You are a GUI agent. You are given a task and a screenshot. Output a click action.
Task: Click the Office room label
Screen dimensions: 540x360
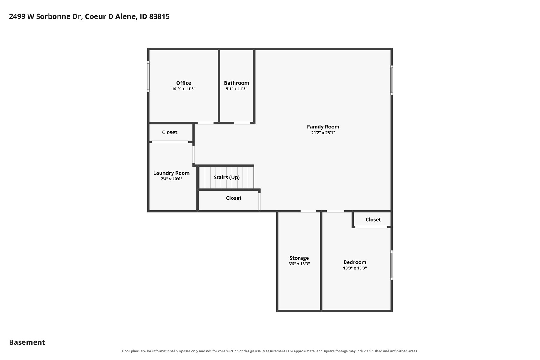(x=184, y=83)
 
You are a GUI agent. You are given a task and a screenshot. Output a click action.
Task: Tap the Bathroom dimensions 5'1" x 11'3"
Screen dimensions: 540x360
(x=236, y=89)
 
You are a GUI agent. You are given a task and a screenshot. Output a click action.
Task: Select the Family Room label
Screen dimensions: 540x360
(x=323, y=127)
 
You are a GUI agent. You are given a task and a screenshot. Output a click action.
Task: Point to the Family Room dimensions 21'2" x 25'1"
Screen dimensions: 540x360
(x=323, y=133)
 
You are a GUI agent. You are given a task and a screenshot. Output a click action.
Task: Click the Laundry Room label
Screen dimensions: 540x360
(x=171, y=173)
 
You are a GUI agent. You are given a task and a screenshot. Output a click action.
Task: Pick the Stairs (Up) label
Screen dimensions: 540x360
(x=226, y=177)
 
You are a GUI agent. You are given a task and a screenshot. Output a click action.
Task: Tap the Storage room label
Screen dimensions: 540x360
(x=299, y=258)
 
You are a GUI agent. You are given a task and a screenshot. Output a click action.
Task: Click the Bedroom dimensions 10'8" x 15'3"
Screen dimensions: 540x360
(x=355, y=268)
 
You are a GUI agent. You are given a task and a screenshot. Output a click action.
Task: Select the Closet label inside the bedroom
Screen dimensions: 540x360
(x=373, y=220)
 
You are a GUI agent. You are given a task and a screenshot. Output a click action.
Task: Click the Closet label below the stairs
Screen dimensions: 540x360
(x=234, y=198)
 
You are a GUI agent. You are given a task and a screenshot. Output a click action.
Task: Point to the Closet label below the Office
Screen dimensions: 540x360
(x=169, y=132)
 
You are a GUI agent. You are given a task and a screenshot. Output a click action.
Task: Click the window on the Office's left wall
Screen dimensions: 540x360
(x=148, y=76)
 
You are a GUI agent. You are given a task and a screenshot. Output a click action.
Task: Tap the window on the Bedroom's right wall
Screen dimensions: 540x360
(x=391, y=265)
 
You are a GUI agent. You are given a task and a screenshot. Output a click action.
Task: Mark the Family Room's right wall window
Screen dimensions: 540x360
(x=391, y=80)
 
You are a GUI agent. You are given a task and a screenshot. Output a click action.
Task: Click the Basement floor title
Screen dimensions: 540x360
(x=27, y=342)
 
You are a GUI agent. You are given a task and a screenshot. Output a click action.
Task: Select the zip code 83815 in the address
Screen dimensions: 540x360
(x=159, y=16)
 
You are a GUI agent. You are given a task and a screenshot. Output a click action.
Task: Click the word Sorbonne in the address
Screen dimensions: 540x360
(x=53, y=16)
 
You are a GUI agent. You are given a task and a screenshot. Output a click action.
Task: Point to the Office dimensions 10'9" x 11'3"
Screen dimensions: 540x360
(x=184, y=89)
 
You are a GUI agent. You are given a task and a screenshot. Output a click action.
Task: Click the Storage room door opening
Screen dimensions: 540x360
(x=308, y=211)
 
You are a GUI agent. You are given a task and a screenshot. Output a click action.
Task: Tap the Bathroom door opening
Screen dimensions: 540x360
(x=242, y=123)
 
